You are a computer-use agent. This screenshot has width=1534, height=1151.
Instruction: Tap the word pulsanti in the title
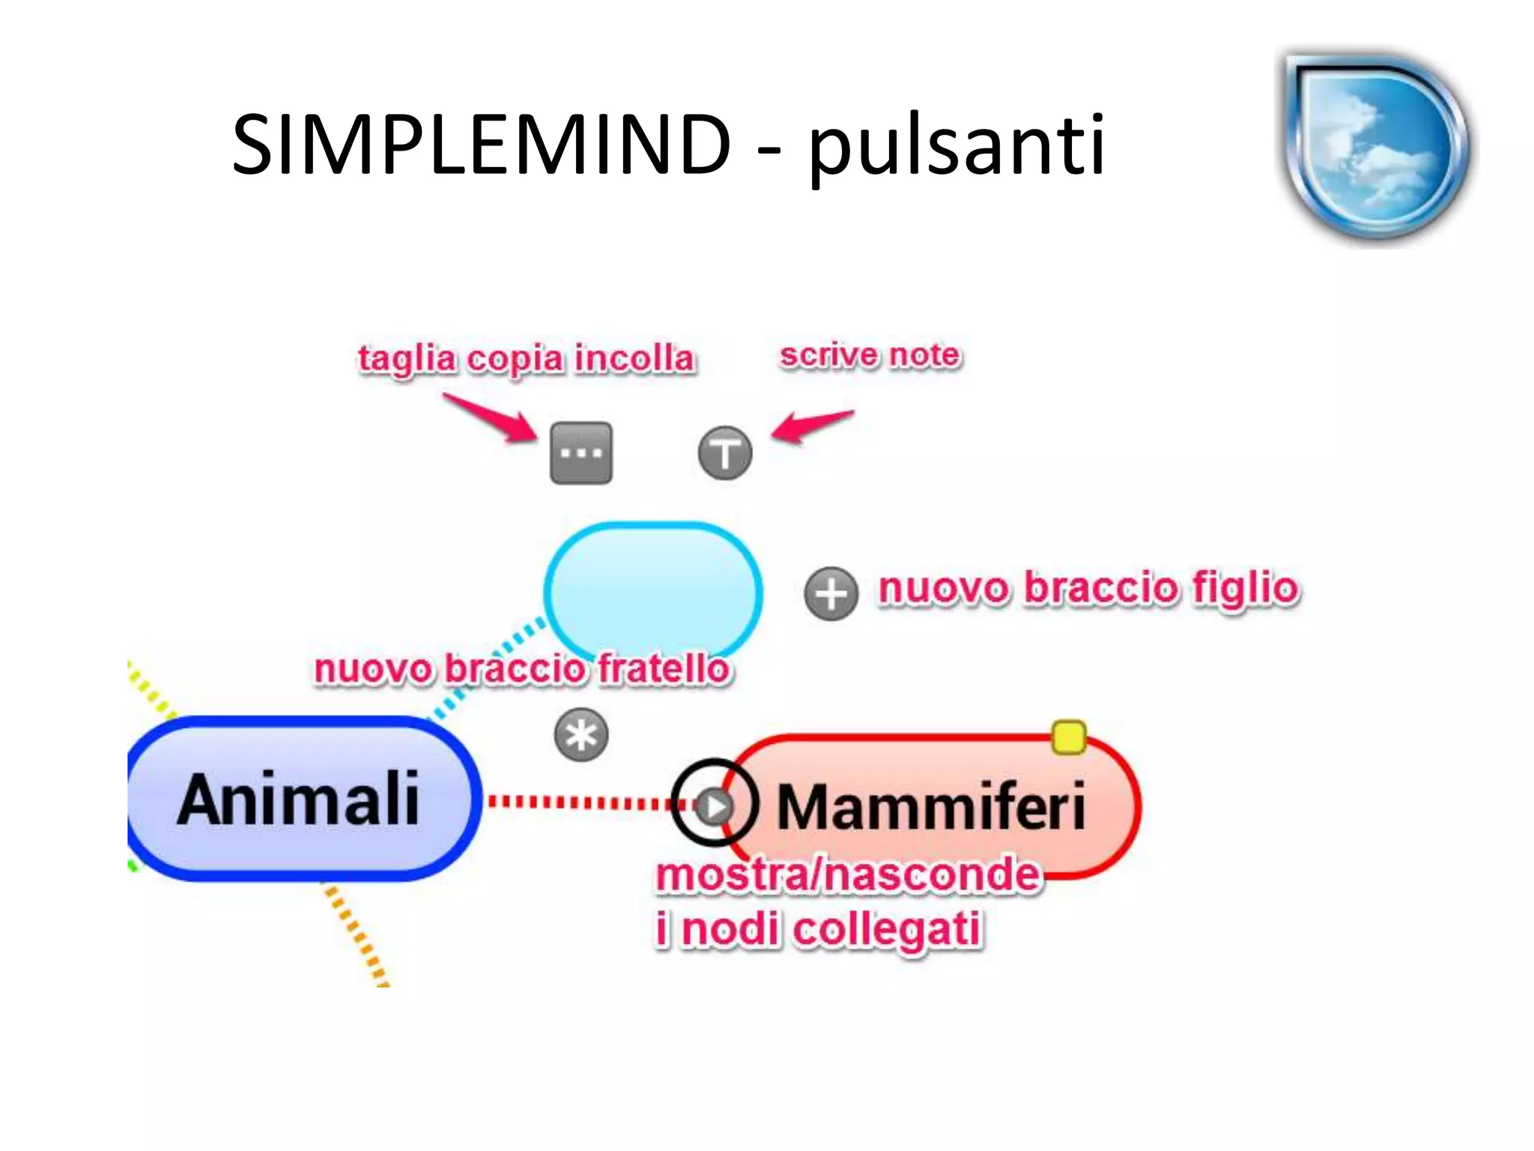pos(956,146)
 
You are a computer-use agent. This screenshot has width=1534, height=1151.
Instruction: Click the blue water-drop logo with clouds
pos(1375,146)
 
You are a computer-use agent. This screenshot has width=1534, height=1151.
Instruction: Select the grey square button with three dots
pos(581,453)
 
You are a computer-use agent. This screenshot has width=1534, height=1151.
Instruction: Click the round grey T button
pos(725,453)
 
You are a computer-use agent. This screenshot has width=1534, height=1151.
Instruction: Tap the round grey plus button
pos(831,593)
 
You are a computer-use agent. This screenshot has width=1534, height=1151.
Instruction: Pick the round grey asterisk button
pos(581,735)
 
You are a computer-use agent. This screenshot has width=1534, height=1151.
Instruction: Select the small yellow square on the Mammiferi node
pos(1069,737)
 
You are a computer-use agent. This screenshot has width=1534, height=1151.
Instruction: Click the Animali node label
pos(298,800)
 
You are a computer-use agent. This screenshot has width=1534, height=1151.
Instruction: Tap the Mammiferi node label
pos(931,807)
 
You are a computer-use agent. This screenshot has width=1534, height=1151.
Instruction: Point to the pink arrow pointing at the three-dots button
pos(491,418)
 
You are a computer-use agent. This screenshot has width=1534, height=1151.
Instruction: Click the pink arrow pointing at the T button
pos(812,426)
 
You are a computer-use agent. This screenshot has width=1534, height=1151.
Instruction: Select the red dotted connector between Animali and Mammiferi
pos(577,803)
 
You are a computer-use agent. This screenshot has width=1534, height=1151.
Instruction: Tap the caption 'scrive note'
pos(870,355)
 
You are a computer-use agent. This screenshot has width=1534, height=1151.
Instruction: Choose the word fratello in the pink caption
pos(664,668)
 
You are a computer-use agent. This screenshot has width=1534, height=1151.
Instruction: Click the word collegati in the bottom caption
pos(887,930)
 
